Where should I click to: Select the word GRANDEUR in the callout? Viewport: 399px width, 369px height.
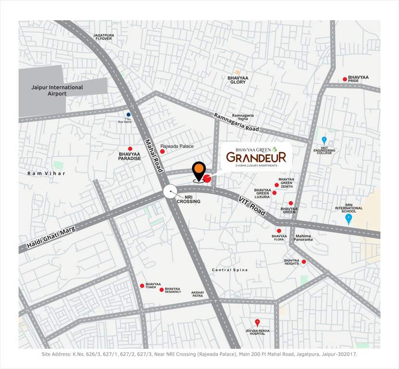(256, 157)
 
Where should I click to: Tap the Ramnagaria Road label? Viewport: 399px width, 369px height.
(237, 123)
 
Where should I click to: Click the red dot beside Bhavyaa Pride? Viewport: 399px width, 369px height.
(345, 79)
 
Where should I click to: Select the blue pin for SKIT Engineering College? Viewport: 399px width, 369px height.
(324, 140)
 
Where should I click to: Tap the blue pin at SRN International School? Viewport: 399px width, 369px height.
(349, 219)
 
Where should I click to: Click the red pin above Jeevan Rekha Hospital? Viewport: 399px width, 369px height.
(257, 322)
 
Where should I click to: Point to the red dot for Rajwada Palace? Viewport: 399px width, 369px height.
(162, 151)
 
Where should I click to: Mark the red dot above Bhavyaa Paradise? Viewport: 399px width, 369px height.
(130, 148)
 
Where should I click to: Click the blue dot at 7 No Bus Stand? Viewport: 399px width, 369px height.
(128, 114)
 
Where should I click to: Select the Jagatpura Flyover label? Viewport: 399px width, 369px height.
(104, 37)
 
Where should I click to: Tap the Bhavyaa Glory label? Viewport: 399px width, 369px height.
(238, 80)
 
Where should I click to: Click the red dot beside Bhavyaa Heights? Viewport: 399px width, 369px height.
(304, 262)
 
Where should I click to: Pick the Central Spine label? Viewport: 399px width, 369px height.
(230, 270)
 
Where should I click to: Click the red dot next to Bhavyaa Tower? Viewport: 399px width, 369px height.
(142, 286)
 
